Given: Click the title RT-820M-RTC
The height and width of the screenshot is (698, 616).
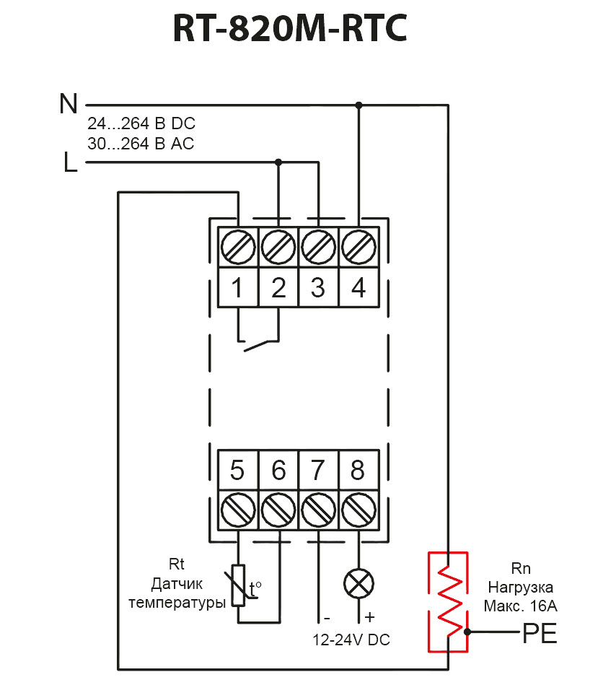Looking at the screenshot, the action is click(x=289, y=28).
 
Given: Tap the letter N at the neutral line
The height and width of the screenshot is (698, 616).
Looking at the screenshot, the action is click(x=69, y=104).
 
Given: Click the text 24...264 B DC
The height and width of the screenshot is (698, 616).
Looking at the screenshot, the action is click(x=141, y=123).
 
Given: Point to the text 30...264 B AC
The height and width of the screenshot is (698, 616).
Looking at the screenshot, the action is click(x=141, y=144).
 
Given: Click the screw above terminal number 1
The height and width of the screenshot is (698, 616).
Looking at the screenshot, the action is click(x=238, y=247).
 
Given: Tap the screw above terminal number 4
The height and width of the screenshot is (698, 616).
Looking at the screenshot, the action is click(x=358, y=247).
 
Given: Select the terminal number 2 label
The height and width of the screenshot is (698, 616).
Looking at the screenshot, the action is click(x=278, y=288).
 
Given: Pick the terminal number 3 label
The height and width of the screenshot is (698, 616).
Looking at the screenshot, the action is click(x=318, y=288).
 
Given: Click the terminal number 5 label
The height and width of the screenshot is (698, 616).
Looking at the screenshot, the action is click(x=237, y=470).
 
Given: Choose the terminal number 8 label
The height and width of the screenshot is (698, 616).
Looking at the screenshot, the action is click(x=358, y=470).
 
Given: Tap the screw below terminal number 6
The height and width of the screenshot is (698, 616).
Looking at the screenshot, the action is click(x=278, y=510).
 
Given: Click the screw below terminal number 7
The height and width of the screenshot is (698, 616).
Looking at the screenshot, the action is click(x=318, y=510).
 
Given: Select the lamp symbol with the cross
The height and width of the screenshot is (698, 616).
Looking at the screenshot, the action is click(x=358, y=584).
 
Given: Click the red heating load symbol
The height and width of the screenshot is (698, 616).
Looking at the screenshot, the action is click(x=449, y=602).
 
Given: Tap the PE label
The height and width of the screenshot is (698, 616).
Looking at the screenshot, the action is click(x=540, y=633).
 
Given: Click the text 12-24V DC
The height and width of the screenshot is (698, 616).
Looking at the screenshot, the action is click(x=351, y=640).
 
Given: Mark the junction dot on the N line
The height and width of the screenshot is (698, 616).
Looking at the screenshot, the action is click(x=359, y=105).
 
